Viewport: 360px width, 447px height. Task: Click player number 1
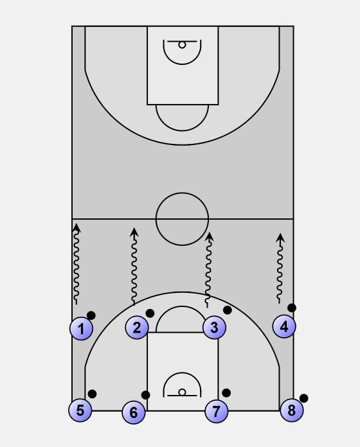(x=81, y=329)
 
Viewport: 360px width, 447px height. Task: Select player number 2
(x=137, y=328)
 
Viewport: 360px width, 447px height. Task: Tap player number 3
(x=215, y=328)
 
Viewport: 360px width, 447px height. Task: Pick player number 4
(x=284, y=326)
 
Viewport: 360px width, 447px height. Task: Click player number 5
(x=80, y=410)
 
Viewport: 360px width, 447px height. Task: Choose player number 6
(x=134, y=412)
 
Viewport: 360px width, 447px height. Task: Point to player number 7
(x=217, y=412)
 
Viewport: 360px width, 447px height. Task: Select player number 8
(x=292, y=410)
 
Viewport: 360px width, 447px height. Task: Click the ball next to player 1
(x=91, y=315)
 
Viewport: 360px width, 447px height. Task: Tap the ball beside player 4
(x=292, y=308)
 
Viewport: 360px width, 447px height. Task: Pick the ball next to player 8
(x=303, y=398)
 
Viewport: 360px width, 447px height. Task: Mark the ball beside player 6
(x=145, y=395)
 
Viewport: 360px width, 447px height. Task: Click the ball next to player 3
(x=228, y=310)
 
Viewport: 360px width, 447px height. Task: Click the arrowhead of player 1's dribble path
(x=76, y=227)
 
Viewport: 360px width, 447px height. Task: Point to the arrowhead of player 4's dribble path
(x=280, y=238)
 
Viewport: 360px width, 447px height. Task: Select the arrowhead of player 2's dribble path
(x=134, y=232)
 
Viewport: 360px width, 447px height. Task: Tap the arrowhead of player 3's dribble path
(x=210, y=236)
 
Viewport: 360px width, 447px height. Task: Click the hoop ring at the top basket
(x=182, y=45)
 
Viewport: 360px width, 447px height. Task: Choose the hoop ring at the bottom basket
(x=182, y=392)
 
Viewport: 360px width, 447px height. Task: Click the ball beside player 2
(x=150, y=313)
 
